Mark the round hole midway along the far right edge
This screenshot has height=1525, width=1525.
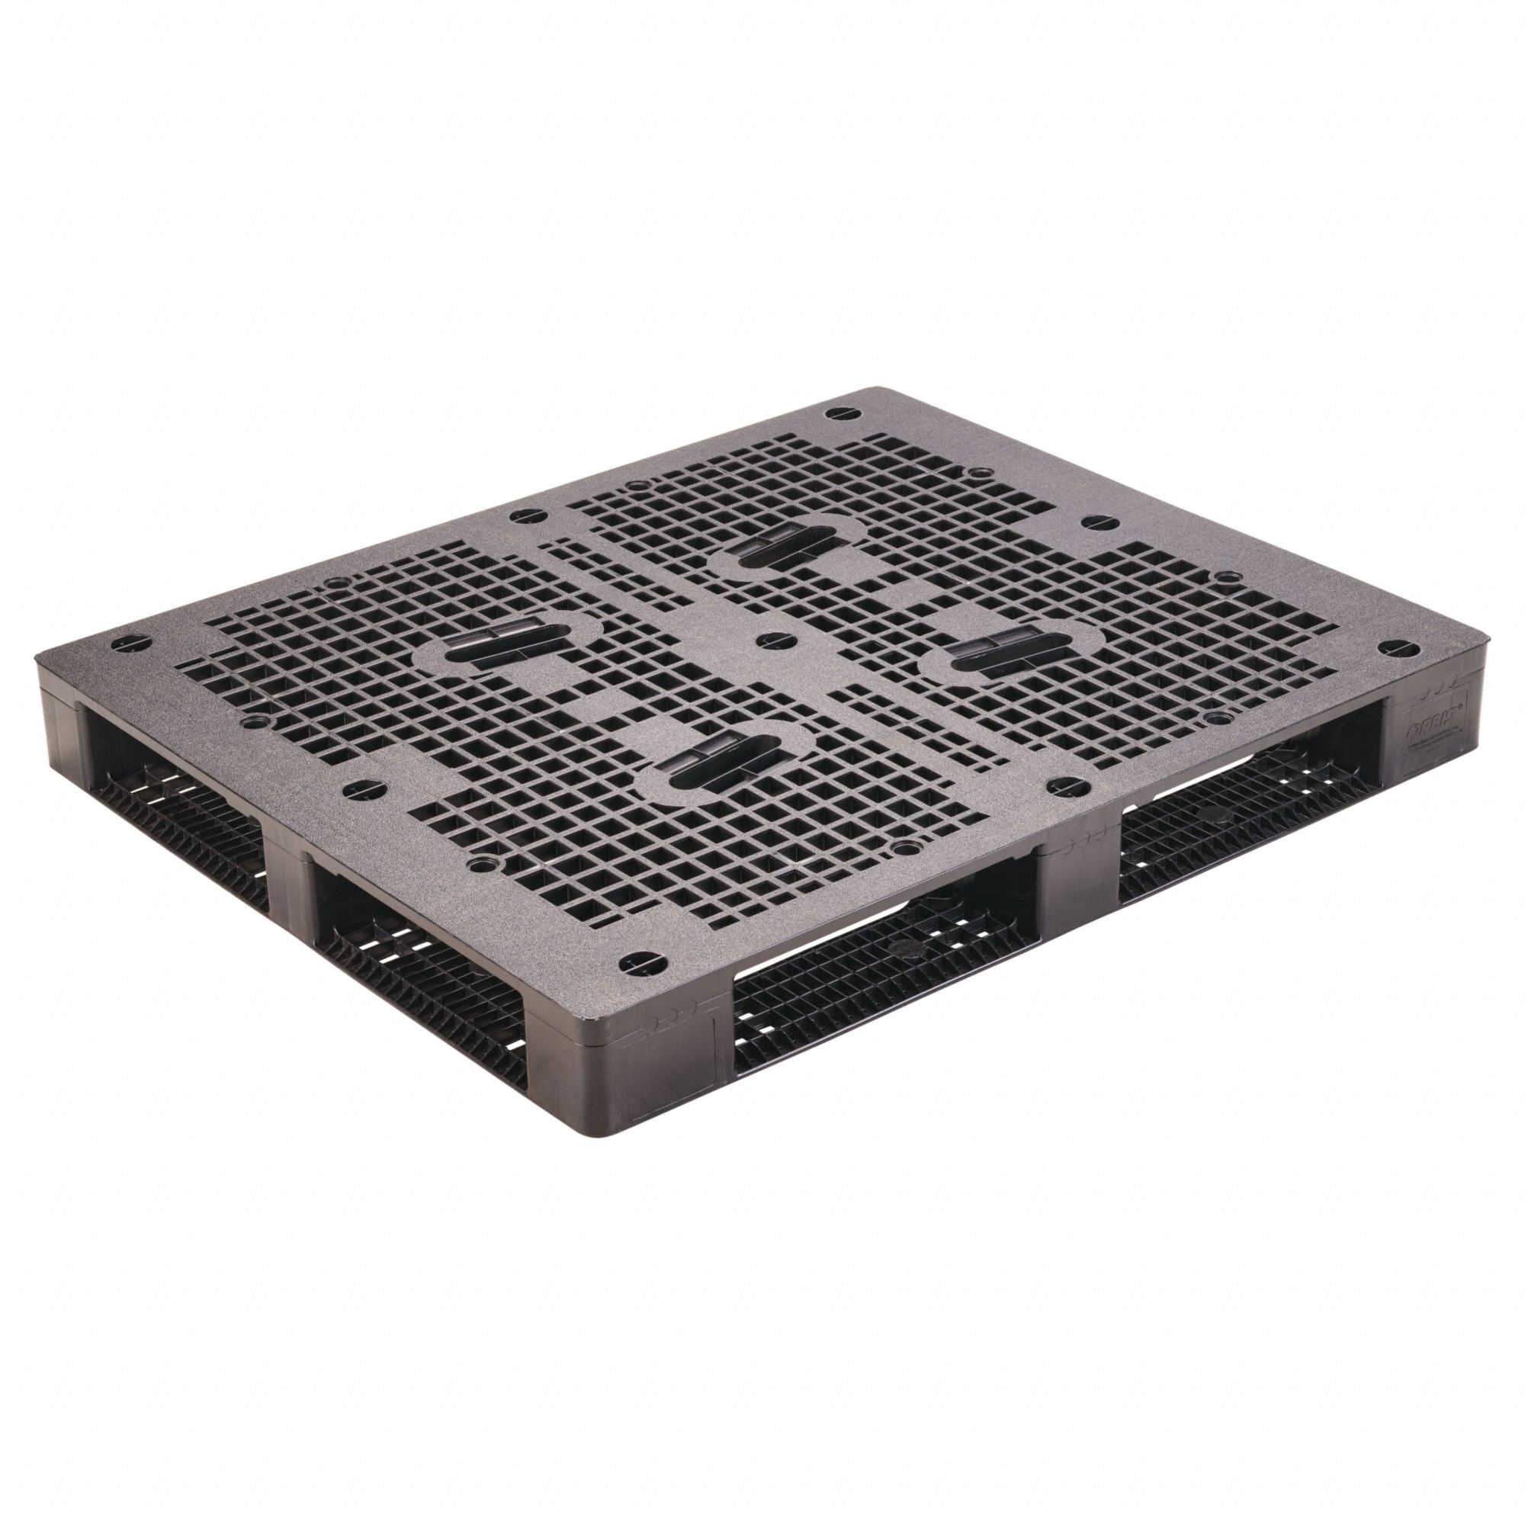[x=1096, y=521]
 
